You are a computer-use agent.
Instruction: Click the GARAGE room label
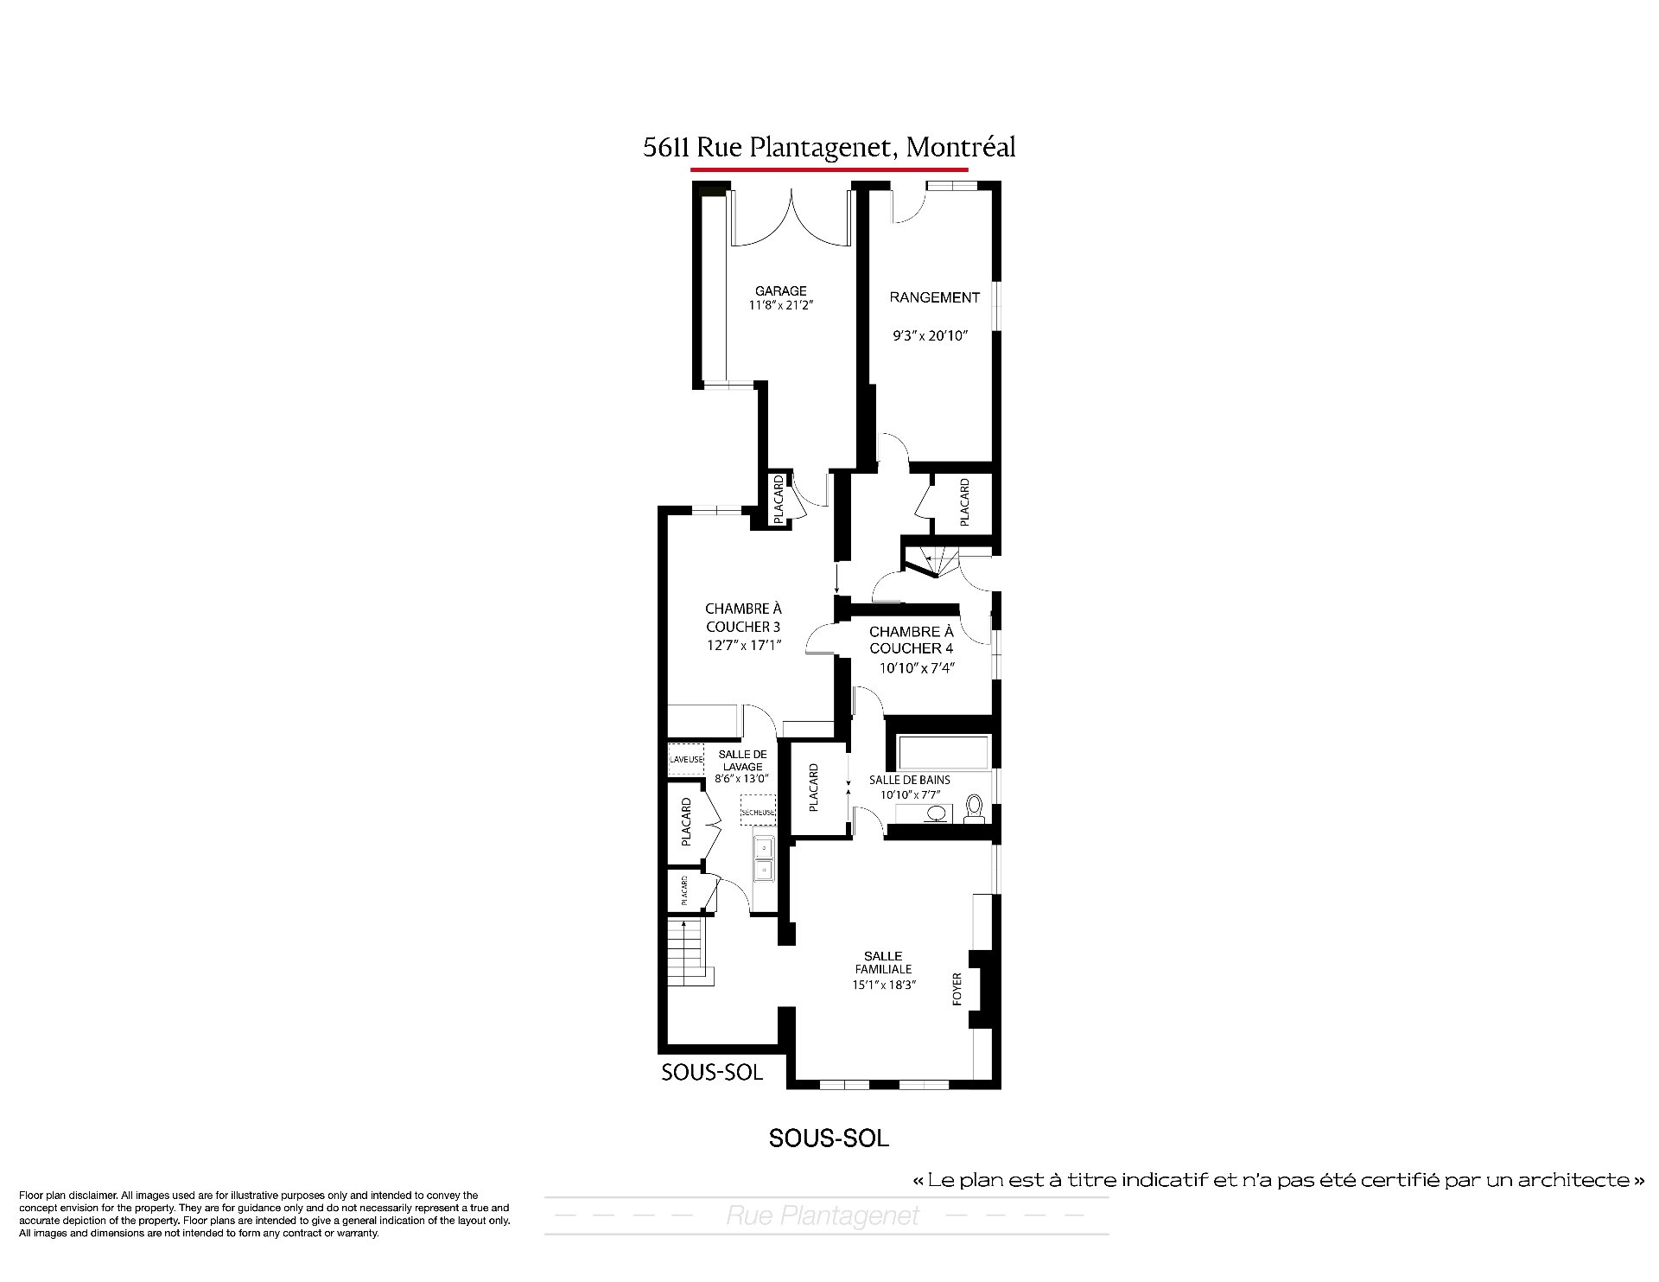(780, 291)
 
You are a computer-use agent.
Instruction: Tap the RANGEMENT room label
(935, 297)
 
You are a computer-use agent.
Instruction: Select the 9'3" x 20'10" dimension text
(931, 336)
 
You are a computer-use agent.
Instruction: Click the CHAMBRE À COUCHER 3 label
(744, 618)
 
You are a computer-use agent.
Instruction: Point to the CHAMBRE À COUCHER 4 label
(912, 641)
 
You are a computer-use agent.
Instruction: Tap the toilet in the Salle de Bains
(975, 808)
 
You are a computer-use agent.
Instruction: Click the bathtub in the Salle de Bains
(944, 752)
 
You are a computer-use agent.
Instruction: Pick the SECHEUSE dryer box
(758, 810)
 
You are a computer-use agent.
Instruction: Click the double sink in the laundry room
(765, 858)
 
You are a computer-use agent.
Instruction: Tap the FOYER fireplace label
(957, 990)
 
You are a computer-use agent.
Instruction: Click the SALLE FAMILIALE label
(883, 962)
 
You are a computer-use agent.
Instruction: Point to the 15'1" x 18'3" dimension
(884, 985)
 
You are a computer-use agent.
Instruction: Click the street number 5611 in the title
(664, 148)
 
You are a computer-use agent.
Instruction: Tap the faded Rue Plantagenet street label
(823, 1216)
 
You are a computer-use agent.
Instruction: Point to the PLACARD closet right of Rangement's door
(964, 502)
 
